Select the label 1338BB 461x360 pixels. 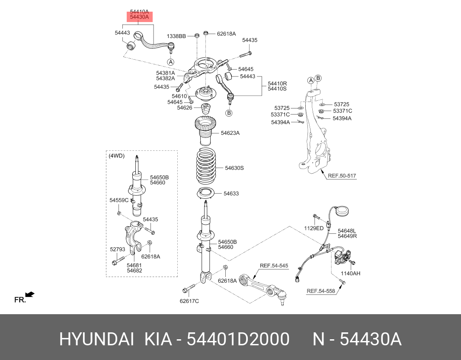pos(176,36)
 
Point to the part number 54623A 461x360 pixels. pos(230,133)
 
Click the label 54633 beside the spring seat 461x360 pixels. pos(231,194)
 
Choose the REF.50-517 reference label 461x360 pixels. pos(342,176)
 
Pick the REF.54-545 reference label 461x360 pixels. pos(274,265)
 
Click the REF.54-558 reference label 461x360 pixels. pos(321,291)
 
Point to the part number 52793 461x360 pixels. pos(117,249)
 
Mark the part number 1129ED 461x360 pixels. pos(314,228)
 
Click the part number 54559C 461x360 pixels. pos(119,200)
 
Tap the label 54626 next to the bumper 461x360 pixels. pos(185,108)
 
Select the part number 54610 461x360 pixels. pos(179,96)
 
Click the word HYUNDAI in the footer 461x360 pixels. pos(96,340)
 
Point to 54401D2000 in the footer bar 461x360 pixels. pos(237,340)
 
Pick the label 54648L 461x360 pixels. pos(347,231)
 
